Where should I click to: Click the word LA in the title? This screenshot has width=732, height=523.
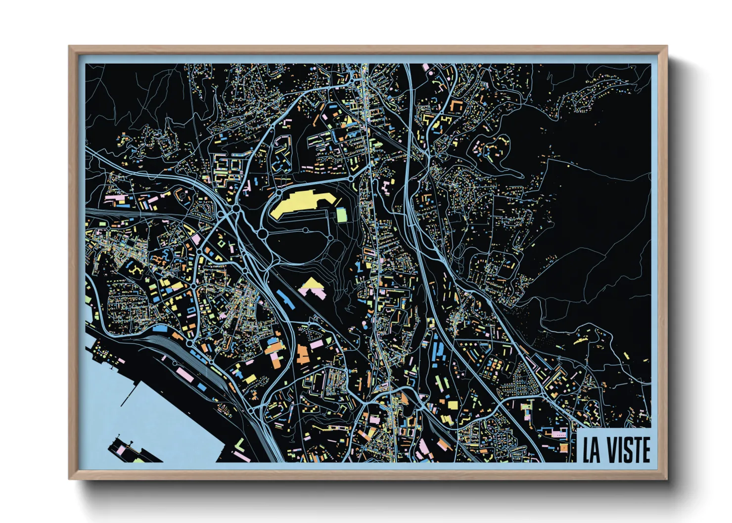point(591,450)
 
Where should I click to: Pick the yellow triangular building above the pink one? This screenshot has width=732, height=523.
point(311,283)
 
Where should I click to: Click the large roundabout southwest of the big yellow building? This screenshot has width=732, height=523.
point(263,233)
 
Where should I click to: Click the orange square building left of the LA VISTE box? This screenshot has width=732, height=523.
point(564,447)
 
